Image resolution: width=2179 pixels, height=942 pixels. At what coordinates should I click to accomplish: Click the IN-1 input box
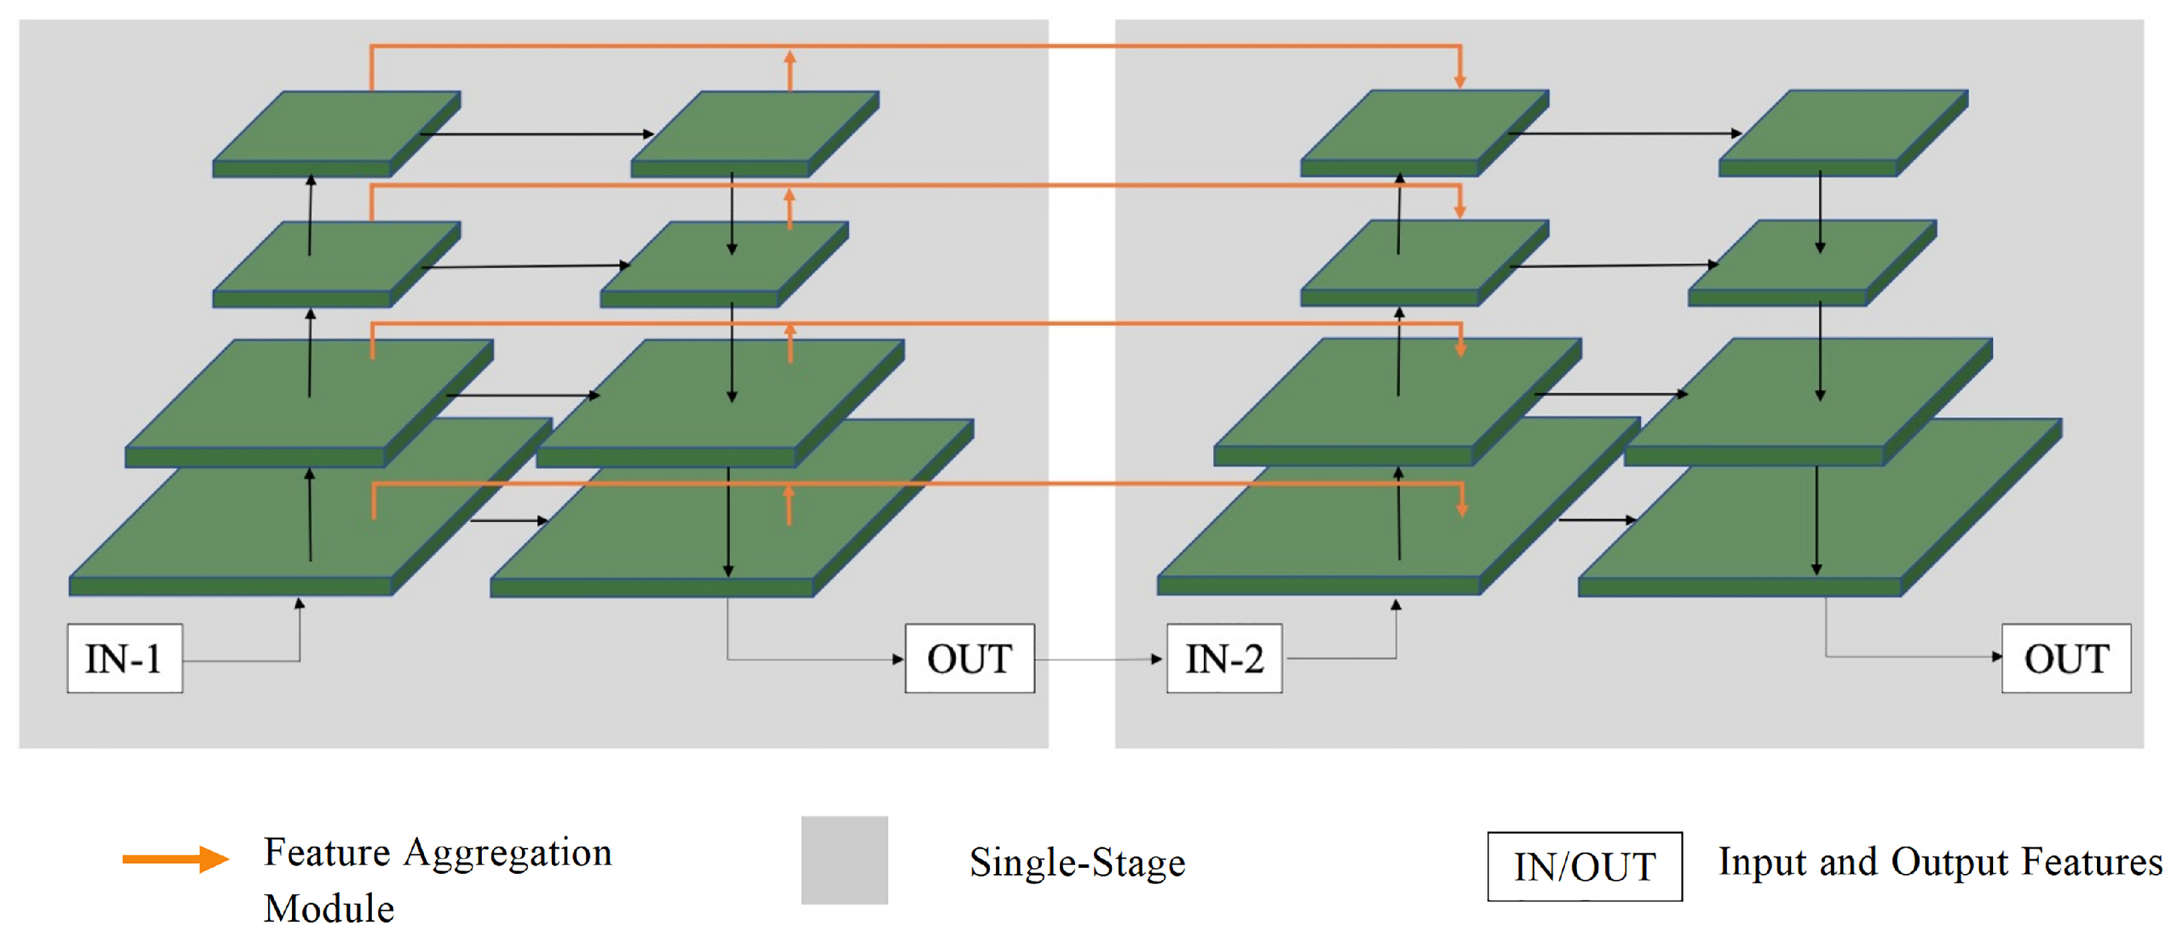[125, 658]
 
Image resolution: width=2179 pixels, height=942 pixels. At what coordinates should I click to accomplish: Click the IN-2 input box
[1224, 658]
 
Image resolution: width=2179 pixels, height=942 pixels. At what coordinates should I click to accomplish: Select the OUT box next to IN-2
[969, 658]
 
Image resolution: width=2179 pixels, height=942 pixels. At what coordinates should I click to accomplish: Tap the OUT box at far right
[2066, 658]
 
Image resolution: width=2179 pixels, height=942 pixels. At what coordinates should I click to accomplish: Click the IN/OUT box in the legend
[1584, 867]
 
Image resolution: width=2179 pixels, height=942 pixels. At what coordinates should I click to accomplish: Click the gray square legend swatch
[844, 860]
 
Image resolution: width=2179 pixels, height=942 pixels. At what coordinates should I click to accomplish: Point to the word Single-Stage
[1077, 863]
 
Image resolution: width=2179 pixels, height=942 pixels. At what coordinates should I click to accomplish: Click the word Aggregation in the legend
[507, 853]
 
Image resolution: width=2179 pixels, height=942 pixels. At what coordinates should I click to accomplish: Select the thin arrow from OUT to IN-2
[1100, 659]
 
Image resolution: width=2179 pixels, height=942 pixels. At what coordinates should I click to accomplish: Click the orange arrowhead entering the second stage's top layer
[1460, 81]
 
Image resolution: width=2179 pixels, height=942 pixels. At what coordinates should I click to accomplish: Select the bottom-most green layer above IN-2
[1320, 542]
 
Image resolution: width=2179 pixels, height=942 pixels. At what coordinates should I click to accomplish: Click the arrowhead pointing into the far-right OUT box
[1996, 656]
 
